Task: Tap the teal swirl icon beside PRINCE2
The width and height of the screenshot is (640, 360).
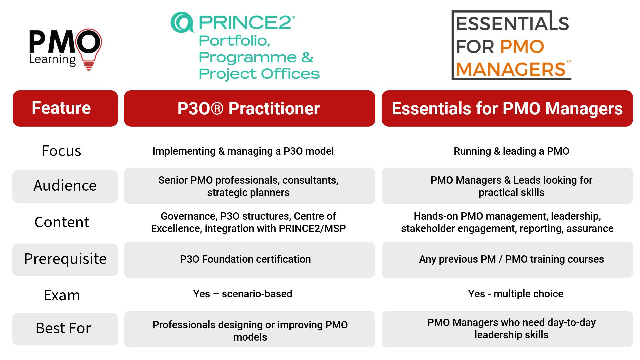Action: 182,22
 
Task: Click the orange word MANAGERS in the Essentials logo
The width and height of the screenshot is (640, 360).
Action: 511,69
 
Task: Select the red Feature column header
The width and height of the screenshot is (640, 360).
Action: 65,108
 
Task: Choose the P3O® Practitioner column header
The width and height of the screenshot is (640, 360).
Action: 249,108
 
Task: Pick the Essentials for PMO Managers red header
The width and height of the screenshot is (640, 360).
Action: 507,108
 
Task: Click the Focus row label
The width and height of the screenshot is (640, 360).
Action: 61,151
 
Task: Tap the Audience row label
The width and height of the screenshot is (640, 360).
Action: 65,186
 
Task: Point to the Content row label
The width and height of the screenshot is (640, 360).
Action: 62,222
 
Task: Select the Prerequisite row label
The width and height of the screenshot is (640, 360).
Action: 65,259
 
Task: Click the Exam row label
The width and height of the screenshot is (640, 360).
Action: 62,295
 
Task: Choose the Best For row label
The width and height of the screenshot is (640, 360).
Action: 63,328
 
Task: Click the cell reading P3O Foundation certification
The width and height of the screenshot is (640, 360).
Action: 245,259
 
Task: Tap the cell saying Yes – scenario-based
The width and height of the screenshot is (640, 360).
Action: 243,294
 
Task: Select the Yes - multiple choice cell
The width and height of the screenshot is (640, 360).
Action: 516,294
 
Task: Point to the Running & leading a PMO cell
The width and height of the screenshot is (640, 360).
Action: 511,151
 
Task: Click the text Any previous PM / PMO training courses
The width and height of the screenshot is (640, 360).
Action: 511,259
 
